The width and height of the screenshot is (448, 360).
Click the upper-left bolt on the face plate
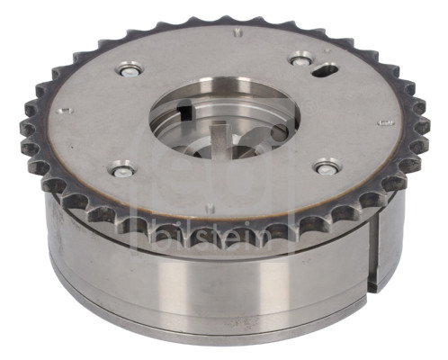click(130, 70)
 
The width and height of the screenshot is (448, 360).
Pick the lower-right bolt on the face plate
click(326, 168)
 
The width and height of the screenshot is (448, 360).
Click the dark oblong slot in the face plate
click(325, 69)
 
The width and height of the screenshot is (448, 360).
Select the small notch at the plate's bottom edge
click(211, 207)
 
